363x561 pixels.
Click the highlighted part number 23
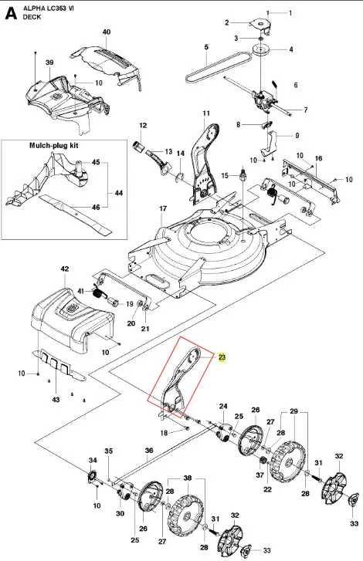[x=222, y=357]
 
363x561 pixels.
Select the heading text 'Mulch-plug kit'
[x=54, y=146]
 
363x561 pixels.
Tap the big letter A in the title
[x=10, y=13]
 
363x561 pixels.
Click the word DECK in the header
[x=32, y=17]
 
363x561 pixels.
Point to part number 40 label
[x=107, y=32]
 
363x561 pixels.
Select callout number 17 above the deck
[x=163, y=208]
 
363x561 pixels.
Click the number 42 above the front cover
[x=65, y=269]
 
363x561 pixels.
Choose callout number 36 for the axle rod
[x=149, y=451]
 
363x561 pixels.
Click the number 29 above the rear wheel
[x=294, y=411]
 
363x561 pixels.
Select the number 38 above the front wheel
[x=188, y=478]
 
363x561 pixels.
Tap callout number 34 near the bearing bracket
[x=93, y=460]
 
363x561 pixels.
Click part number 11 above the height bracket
[x=206, y=113]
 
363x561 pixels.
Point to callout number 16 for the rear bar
[x=319, y=158]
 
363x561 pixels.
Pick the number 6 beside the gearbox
[x=296, y=85]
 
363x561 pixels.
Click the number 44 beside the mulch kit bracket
[x=118, y=193]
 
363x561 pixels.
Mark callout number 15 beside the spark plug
[x=225, y=175]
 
